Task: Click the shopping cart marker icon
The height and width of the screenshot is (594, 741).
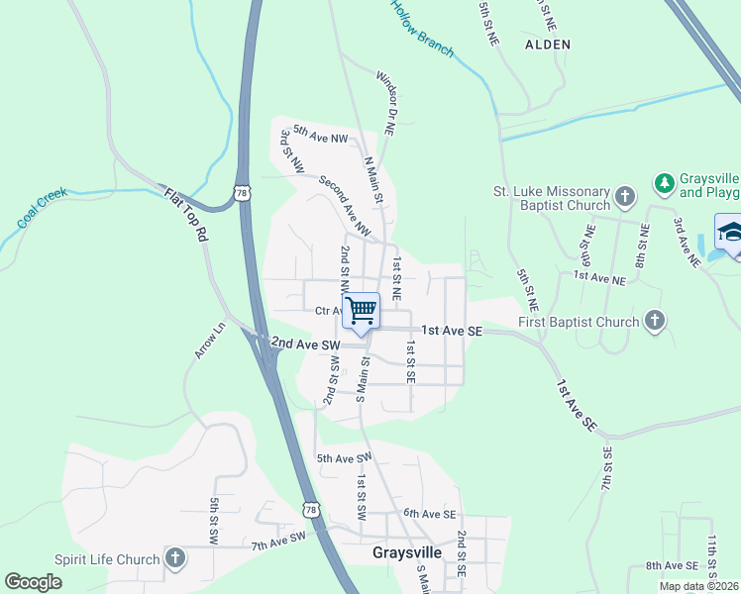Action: click(362, 310)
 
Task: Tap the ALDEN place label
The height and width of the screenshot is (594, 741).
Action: click(548, 45)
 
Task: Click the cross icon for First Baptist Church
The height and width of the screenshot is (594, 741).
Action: click(654, 321)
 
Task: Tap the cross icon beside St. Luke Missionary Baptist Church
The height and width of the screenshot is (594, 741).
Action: click(625, 197)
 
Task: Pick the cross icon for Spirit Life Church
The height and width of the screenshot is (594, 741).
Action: click(175, 559)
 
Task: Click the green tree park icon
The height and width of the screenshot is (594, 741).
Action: click(664, 183)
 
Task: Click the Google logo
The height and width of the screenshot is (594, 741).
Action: click(34, 582)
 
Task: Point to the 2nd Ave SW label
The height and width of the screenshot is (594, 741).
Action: click(305, 344)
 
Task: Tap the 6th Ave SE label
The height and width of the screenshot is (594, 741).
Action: click(429, 514)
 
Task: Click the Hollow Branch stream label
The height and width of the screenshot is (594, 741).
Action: click(421, 26)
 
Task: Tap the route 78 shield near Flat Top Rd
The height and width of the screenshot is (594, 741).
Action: click(243, 194)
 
